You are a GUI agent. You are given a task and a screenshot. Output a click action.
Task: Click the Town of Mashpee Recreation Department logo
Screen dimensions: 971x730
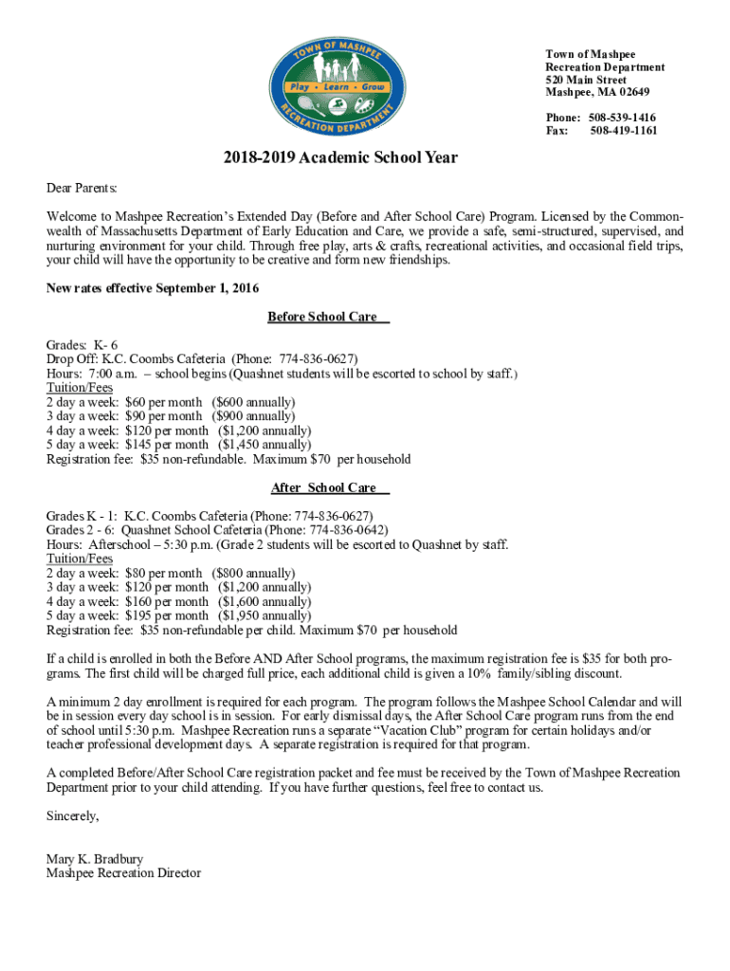(x=356, y=88)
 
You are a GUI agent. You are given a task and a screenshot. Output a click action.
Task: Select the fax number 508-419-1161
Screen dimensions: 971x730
(x=623, y=131)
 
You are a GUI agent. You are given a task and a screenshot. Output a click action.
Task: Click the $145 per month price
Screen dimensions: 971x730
(x=167, y=445)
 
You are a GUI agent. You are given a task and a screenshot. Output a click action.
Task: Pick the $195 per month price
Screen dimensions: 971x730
(x=167, y=615)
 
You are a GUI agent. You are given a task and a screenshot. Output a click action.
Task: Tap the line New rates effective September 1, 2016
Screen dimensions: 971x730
(x=153, y=288)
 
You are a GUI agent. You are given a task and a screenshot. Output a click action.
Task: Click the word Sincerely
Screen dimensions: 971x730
(x=72, y=815)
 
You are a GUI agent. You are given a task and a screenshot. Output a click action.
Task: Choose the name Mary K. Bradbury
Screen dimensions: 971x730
(x=95, y=860)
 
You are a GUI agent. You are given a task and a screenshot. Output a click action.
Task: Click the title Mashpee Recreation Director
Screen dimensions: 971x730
(x=123, y=873)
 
